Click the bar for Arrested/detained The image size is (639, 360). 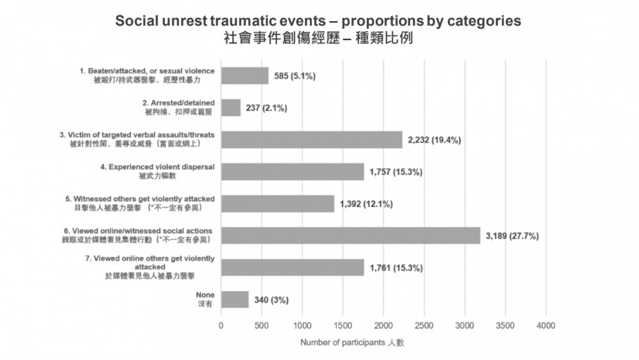tap(231, 107)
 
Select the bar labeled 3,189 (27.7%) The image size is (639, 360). tap(350, 235)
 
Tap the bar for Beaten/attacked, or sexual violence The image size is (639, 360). tap(245, 75)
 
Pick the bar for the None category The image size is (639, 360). tap(235, 299)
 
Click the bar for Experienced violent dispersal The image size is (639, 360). tap(292, 171)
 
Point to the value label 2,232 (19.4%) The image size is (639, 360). tap(438, 140)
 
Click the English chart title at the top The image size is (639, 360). tap(318, 20)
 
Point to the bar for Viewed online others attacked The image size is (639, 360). tap(293, 267)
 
